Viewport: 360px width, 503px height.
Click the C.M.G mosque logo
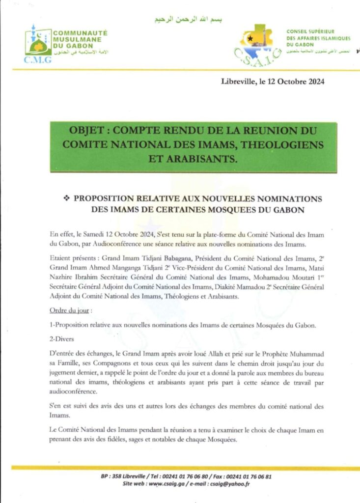(x=38, y=43)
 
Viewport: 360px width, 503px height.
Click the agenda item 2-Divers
(x=61, y=339)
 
